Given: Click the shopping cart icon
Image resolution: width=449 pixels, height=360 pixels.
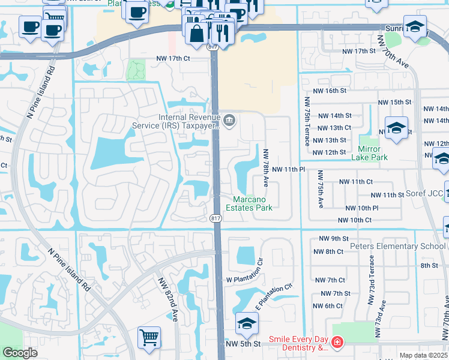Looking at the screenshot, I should (x=149, y=337).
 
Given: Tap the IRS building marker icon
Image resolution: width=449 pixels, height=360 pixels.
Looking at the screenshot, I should (x=229, y=121).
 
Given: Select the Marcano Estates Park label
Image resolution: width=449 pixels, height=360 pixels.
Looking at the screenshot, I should (x=249, y=203).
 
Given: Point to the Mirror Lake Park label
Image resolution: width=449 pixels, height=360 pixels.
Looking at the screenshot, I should (x=372, y=153).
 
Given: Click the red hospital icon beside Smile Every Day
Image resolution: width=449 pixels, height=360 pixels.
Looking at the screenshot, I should (x=337, y=343).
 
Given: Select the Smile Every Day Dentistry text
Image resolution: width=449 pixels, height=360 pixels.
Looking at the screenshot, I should (x=298, y=343).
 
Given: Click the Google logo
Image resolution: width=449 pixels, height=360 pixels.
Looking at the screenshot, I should (x=20, y=353).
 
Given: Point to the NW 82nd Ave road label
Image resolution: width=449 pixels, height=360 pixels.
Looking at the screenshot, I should (x=167, y=299).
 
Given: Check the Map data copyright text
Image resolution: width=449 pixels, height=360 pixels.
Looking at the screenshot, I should (x=424, y=355).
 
